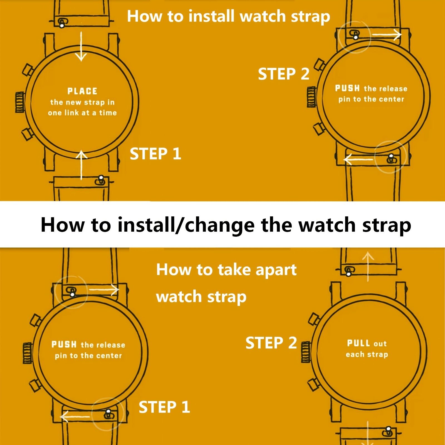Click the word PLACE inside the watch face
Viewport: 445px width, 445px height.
[x=82, y=91]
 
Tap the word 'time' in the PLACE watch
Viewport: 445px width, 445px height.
[x=108, y=113]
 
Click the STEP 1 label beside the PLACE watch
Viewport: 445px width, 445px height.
[x=155, y=154]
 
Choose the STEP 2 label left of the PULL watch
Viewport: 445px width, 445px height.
[x=271, y=343]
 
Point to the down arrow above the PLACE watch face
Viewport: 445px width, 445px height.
[x=81, y=46]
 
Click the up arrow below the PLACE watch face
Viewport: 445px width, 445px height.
[x=81, y=165]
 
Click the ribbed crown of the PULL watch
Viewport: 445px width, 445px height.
[x=306, y=352]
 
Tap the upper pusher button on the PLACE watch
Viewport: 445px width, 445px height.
[x=28, y=70]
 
